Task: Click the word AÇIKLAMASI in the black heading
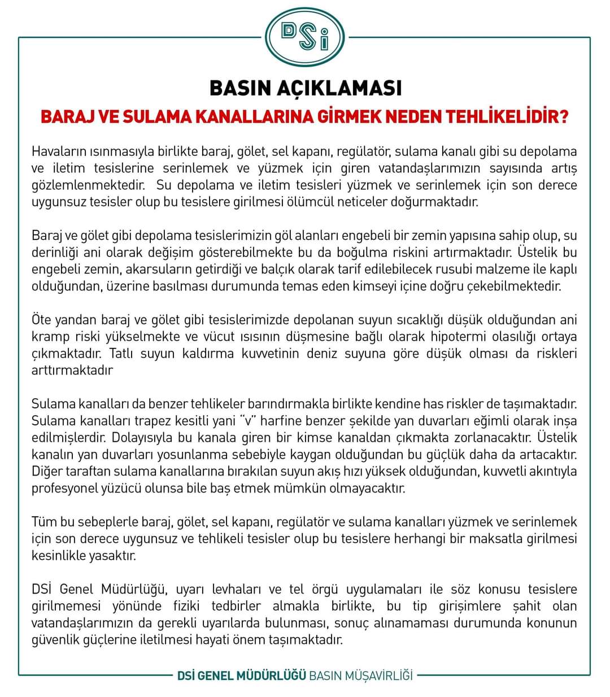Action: [x=339, y=88]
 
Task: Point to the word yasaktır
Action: [x=112, y=555]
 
